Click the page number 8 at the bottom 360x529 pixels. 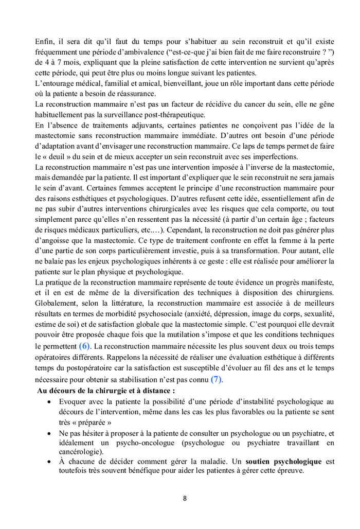(185, 498)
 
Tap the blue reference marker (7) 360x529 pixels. (218, 379)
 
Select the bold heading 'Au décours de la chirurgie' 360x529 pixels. (105, 391)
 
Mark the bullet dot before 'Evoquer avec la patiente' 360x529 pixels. (49, 402)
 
